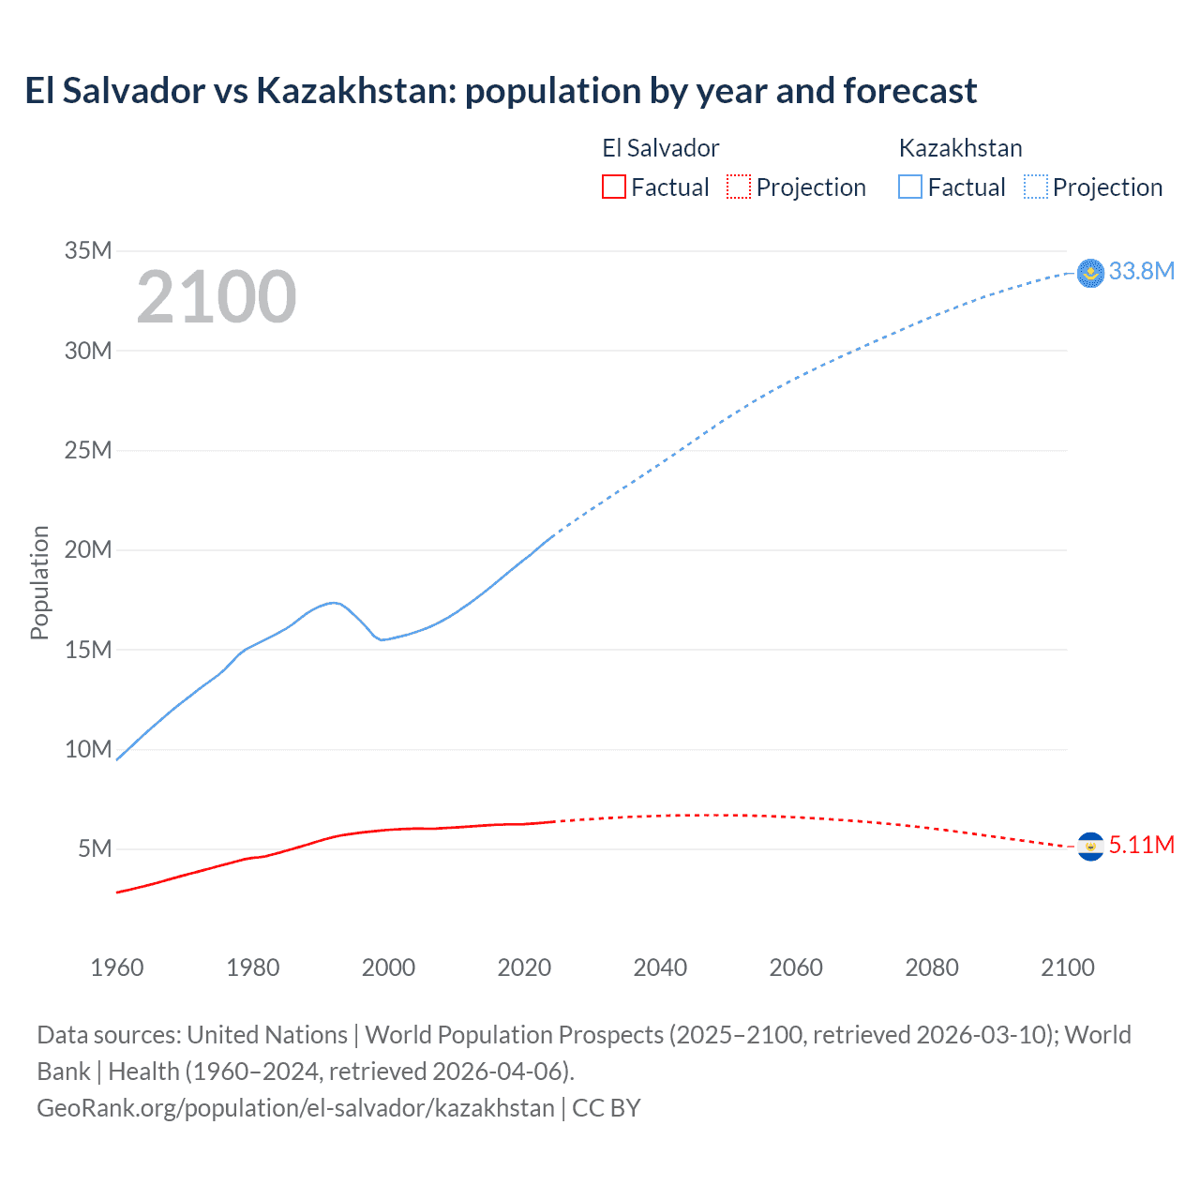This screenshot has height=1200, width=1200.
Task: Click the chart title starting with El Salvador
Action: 501,91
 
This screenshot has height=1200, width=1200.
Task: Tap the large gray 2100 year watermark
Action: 217,297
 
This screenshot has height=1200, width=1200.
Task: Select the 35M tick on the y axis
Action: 88,250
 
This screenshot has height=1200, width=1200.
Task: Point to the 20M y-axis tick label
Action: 88,549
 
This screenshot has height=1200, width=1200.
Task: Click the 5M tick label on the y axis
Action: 95,848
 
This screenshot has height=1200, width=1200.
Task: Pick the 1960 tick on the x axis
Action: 117,967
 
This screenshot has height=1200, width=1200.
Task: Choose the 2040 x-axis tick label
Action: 660,967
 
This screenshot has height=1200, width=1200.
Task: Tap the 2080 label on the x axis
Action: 932,967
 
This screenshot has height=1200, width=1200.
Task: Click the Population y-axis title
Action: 39,582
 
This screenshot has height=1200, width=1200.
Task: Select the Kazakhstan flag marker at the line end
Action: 1090,273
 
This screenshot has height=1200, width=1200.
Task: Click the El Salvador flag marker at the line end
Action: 1090,847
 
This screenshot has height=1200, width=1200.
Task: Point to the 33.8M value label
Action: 1141,272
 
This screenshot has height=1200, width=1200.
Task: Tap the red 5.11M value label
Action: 1141,846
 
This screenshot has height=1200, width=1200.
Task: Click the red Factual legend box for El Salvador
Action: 613,187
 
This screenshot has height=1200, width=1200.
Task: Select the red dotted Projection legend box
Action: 739,187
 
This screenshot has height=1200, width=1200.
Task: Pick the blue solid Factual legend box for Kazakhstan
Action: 910,187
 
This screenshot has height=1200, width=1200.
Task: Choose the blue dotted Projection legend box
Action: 1036,187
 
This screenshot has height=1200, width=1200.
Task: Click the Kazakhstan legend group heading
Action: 960,148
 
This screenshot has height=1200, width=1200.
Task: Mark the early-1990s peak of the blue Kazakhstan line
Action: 333,602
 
